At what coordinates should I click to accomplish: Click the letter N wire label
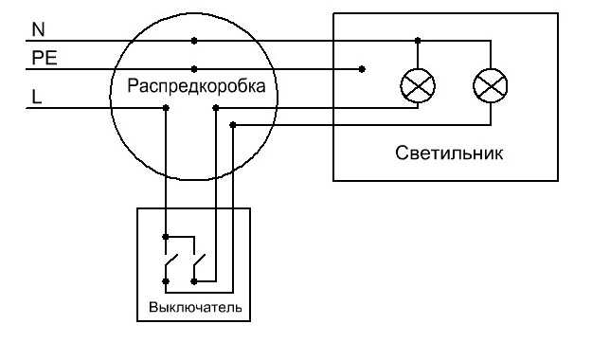38,30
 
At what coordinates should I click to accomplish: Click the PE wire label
45,58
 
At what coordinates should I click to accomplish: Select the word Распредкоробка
195,86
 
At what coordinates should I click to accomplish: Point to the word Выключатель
195,308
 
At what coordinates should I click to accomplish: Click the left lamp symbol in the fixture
417,86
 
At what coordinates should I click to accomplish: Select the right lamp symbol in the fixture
490,86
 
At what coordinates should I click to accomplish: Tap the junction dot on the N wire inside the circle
195,41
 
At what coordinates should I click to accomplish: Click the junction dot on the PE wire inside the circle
195,68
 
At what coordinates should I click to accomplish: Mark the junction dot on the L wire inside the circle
167,108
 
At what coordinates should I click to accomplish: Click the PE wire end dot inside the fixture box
362,68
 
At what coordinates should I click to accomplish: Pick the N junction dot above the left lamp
417,41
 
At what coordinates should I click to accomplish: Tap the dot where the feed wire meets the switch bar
167,236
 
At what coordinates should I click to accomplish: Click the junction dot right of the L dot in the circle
215,108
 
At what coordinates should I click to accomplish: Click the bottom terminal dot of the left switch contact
167,280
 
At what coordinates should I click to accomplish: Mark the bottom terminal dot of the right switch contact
194,280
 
